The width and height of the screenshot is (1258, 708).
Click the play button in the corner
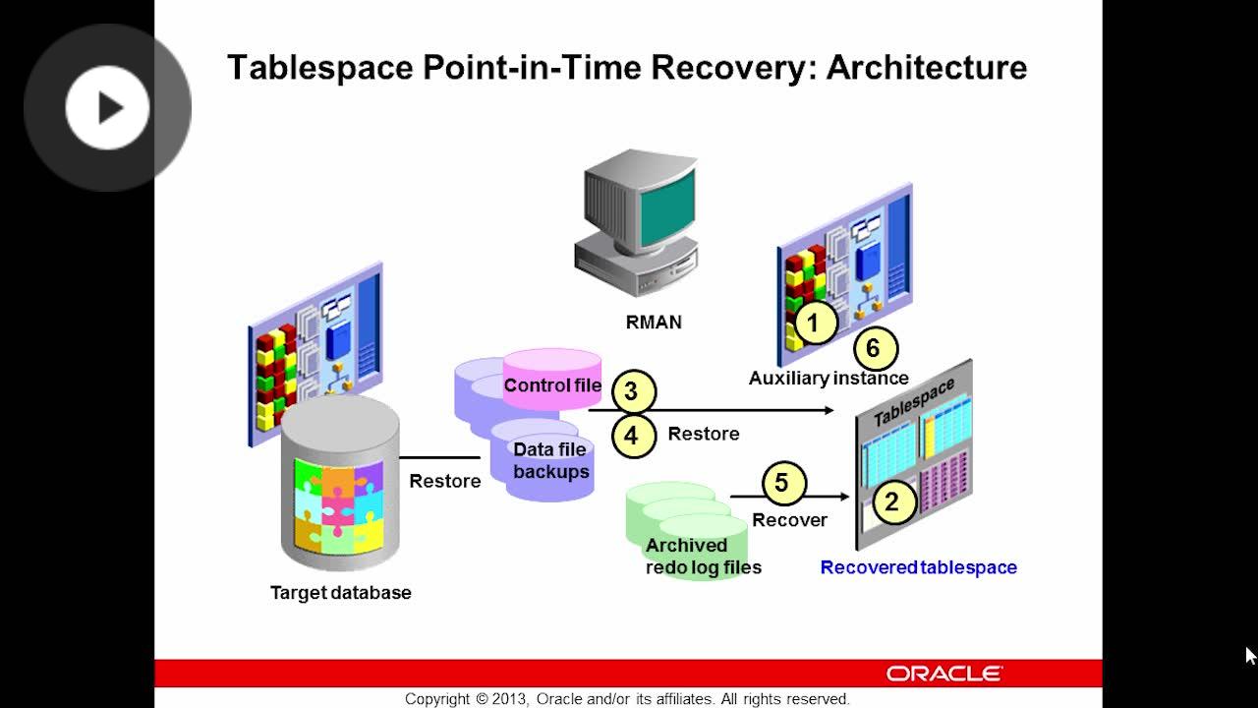107,107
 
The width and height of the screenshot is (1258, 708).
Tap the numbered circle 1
816,323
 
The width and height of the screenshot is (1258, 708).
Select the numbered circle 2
893,501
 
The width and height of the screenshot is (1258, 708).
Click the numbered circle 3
633,391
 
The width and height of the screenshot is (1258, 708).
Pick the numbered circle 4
633,436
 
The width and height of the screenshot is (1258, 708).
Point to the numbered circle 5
784,483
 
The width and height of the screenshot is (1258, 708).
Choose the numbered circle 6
875,348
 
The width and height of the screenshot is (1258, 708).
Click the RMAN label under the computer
654,322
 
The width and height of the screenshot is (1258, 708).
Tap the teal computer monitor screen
667,206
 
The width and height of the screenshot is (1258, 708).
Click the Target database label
341,592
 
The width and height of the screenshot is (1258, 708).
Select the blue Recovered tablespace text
919,567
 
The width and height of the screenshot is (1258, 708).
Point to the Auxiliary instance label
829,379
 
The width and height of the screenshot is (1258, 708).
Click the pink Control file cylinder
552,379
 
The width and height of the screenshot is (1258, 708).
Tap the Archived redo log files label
703,557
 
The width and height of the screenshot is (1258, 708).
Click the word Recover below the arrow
789,520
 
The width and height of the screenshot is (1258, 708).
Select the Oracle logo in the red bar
944,674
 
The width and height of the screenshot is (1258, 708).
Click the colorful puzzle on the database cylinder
339,505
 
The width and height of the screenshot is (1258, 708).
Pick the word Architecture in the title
927,68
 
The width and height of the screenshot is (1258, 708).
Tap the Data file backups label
550,461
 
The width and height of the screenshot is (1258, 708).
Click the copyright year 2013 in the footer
510,699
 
